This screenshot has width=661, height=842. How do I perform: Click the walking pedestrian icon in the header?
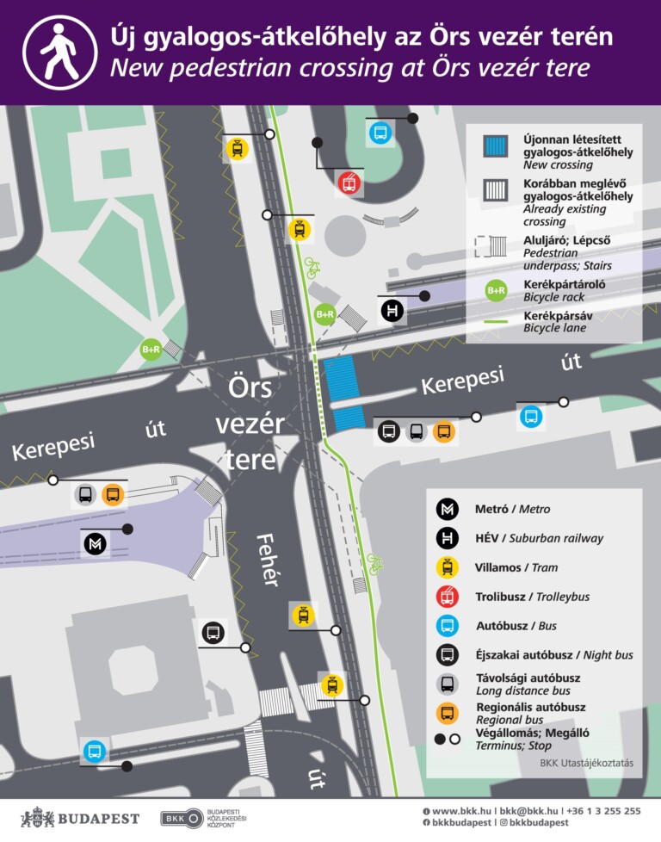[x=59, y=52]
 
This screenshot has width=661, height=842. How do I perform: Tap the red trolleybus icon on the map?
[x=349, y=183]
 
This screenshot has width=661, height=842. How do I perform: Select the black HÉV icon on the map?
[x=392, y=310]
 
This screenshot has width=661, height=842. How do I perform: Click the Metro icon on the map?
[x=95, y=543]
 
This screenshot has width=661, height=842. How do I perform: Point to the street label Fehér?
[x=268, y=560]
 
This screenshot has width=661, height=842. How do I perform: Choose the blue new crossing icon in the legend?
[x=496, y=146]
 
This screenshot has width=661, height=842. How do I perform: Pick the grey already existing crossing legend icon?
[x=496, y=189]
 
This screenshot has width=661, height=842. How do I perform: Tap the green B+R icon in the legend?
[x=496, y=290]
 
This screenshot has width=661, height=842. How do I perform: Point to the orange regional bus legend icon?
[x=447, y=713]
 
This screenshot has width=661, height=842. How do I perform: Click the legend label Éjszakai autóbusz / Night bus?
[x=553, y=655]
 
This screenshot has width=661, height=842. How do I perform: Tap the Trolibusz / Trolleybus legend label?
[x=532, y=597]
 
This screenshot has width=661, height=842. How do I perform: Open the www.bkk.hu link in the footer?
[x=461, y=811]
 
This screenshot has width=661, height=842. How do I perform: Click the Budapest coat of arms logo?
[x=37, y=818]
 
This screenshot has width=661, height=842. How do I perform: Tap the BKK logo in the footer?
[x=182, y=818]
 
